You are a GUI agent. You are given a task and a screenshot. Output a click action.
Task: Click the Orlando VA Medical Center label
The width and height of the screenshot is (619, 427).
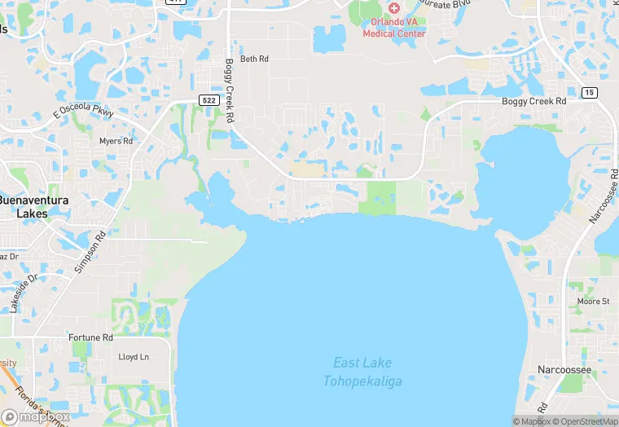click(394, 28)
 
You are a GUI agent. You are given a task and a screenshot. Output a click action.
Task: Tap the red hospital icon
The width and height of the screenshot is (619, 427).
click(394, 7)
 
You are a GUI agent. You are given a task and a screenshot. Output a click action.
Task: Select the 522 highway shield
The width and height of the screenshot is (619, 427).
click(208, 99)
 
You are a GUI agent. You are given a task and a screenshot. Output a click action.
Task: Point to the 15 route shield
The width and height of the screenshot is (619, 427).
click(589, 93)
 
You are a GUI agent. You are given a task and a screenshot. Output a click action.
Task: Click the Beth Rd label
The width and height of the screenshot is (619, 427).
click(254, 59)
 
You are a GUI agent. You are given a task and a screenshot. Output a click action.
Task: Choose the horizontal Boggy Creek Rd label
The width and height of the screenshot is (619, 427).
click(533, 101)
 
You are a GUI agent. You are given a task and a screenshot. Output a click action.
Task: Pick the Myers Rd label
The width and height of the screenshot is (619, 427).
click(116, 141)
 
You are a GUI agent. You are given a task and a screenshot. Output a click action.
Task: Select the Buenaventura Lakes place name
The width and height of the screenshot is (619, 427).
click(33, 206)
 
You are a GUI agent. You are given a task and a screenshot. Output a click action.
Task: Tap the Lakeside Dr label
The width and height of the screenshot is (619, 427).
click(24, 293)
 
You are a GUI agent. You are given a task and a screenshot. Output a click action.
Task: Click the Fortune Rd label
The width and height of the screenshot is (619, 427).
click(90, 337)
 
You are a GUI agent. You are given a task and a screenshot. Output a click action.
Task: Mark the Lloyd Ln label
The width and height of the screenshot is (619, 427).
click(134, 357)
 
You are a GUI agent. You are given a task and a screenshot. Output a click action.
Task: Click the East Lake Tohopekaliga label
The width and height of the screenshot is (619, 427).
click(362, 372)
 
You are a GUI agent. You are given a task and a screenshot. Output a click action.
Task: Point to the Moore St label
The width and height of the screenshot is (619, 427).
click(593, 302)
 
